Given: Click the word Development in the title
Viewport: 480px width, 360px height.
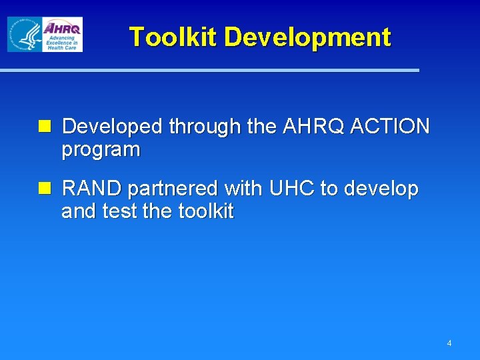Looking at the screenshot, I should tap(307, 37).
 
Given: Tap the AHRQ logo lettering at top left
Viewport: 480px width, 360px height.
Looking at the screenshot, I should tap(62, 28).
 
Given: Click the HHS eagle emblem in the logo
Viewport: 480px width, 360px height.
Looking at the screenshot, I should tap(24, 35).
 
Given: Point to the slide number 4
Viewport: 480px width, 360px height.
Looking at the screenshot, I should tap(449, 343).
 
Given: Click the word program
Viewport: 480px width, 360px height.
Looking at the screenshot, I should tap(101, 150).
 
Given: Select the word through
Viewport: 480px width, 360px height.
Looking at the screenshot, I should tap(205, 127).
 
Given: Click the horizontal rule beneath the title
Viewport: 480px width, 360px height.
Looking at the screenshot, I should tap(209, 70).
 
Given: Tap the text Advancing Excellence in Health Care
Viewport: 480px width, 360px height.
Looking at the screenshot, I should tap(62, 43).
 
